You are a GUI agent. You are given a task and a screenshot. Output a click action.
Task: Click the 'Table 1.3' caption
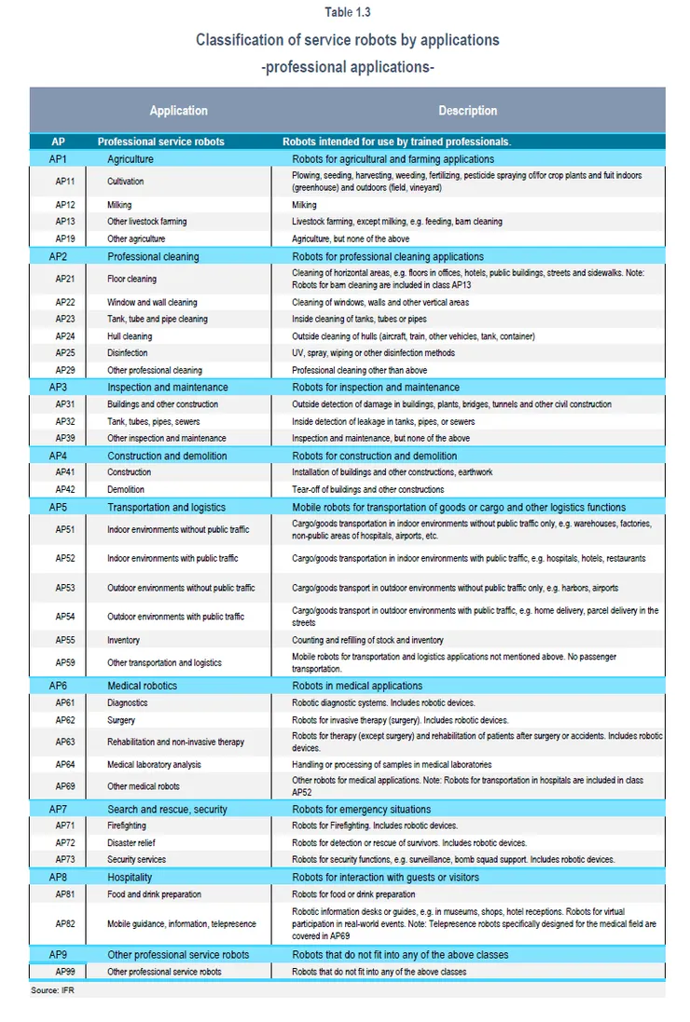(x=347, y=12)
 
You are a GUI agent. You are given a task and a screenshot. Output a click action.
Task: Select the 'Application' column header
(x=178, y=110)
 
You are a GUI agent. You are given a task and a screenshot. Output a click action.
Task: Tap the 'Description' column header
(x=467, y=110)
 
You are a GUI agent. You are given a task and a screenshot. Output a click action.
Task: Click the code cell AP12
(x=65, y=205)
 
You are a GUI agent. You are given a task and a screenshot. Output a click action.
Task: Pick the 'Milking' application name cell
(x=119, y=205)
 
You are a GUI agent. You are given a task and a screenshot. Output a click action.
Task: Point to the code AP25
(x=65, y=353)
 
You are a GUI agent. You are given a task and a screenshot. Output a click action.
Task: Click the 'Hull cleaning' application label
(x=130, y=336)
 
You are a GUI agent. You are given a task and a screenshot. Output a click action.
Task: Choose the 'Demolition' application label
(x=126, y=489)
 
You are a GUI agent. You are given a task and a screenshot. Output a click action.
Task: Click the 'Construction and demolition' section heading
(x=167, y=456)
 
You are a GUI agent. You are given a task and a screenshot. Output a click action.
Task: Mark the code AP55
(x=65, y=640)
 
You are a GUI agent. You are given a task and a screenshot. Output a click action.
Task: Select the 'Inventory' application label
(x=123, y=640)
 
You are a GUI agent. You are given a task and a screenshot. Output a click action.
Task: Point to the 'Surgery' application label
(x=121, y=720)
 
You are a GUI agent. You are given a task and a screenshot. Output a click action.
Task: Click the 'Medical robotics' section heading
(x=142, y=685)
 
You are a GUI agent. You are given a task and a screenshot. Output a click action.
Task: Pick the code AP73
(x=65, y=859)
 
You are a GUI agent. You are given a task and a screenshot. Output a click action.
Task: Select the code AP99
(x=65, y=972)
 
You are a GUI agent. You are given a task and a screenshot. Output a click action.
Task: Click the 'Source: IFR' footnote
(x=58, y=989)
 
